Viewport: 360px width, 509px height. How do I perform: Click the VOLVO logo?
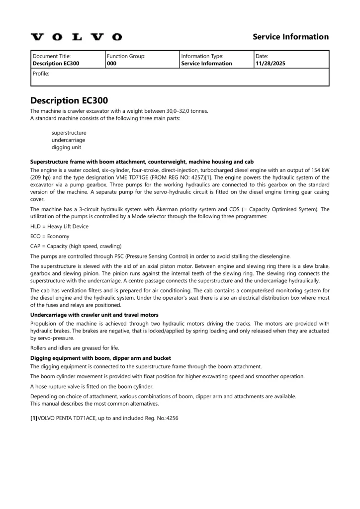point(76,37)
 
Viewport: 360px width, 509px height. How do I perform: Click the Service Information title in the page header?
point(290,37)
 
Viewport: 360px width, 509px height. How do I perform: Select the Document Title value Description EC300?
point(56,64)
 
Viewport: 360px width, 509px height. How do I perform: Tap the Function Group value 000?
point(112,64)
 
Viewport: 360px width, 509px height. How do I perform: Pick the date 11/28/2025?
point(270,64)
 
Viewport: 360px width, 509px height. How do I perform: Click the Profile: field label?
point(41,74)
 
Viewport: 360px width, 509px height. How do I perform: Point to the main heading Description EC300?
point(69,100)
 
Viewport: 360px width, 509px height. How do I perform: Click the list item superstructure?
point(69,133)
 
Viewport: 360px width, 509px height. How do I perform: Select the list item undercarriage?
point(69,140)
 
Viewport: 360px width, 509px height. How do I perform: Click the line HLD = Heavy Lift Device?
point(59,226)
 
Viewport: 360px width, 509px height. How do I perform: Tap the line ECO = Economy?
point(50,236)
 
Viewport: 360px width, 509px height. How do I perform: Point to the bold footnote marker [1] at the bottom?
point(34,418)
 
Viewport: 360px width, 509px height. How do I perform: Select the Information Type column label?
point(202,57)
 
